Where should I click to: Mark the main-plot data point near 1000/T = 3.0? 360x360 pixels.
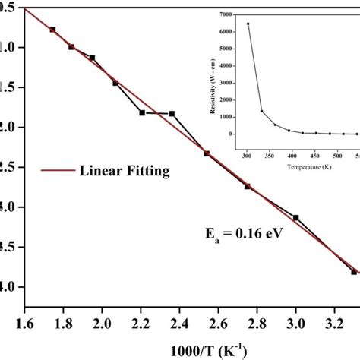click(x=295, y=217)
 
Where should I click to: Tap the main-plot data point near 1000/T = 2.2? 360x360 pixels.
click(x=142, y=112)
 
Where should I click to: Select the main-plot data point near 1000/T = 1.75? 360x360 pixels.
click(x=52, y=30)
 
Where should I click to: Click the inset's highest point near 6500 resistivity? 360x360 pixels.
click(x=248, y=24)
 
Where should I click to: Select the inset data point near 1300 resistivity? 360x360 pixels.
click(x=261, y=112)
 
